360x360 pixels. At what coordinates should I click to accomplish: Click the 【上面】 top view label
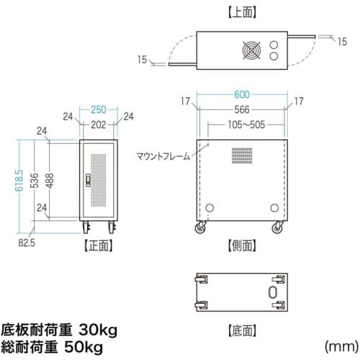click(x=242, y=13)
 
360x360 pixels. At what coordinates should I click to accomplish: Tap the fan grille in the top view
click(x=251, y=50)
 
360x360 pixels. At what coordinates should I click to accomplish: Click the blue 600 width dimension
click(x=242, y=94)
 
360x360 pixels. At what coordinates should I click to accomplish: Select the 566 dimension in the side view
click(x=242, y=109)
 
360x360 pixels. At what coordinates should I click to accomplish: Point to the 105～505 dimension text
click(x=246, y=125)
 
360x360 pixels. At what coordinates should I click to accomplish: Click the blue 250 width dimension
click(x=99, y=110)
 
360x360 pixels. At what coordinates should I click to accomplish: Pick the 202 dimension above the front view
click(x=99, y=125)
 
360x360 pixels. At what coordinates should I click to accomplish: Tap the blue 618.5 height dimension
click(x=19, y=181)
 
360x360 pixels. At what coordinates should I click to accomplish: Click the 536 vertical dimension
click(x=35, y=181)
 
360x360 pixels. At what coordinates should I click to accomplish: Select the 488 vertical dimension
click(x=50, y=181)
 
